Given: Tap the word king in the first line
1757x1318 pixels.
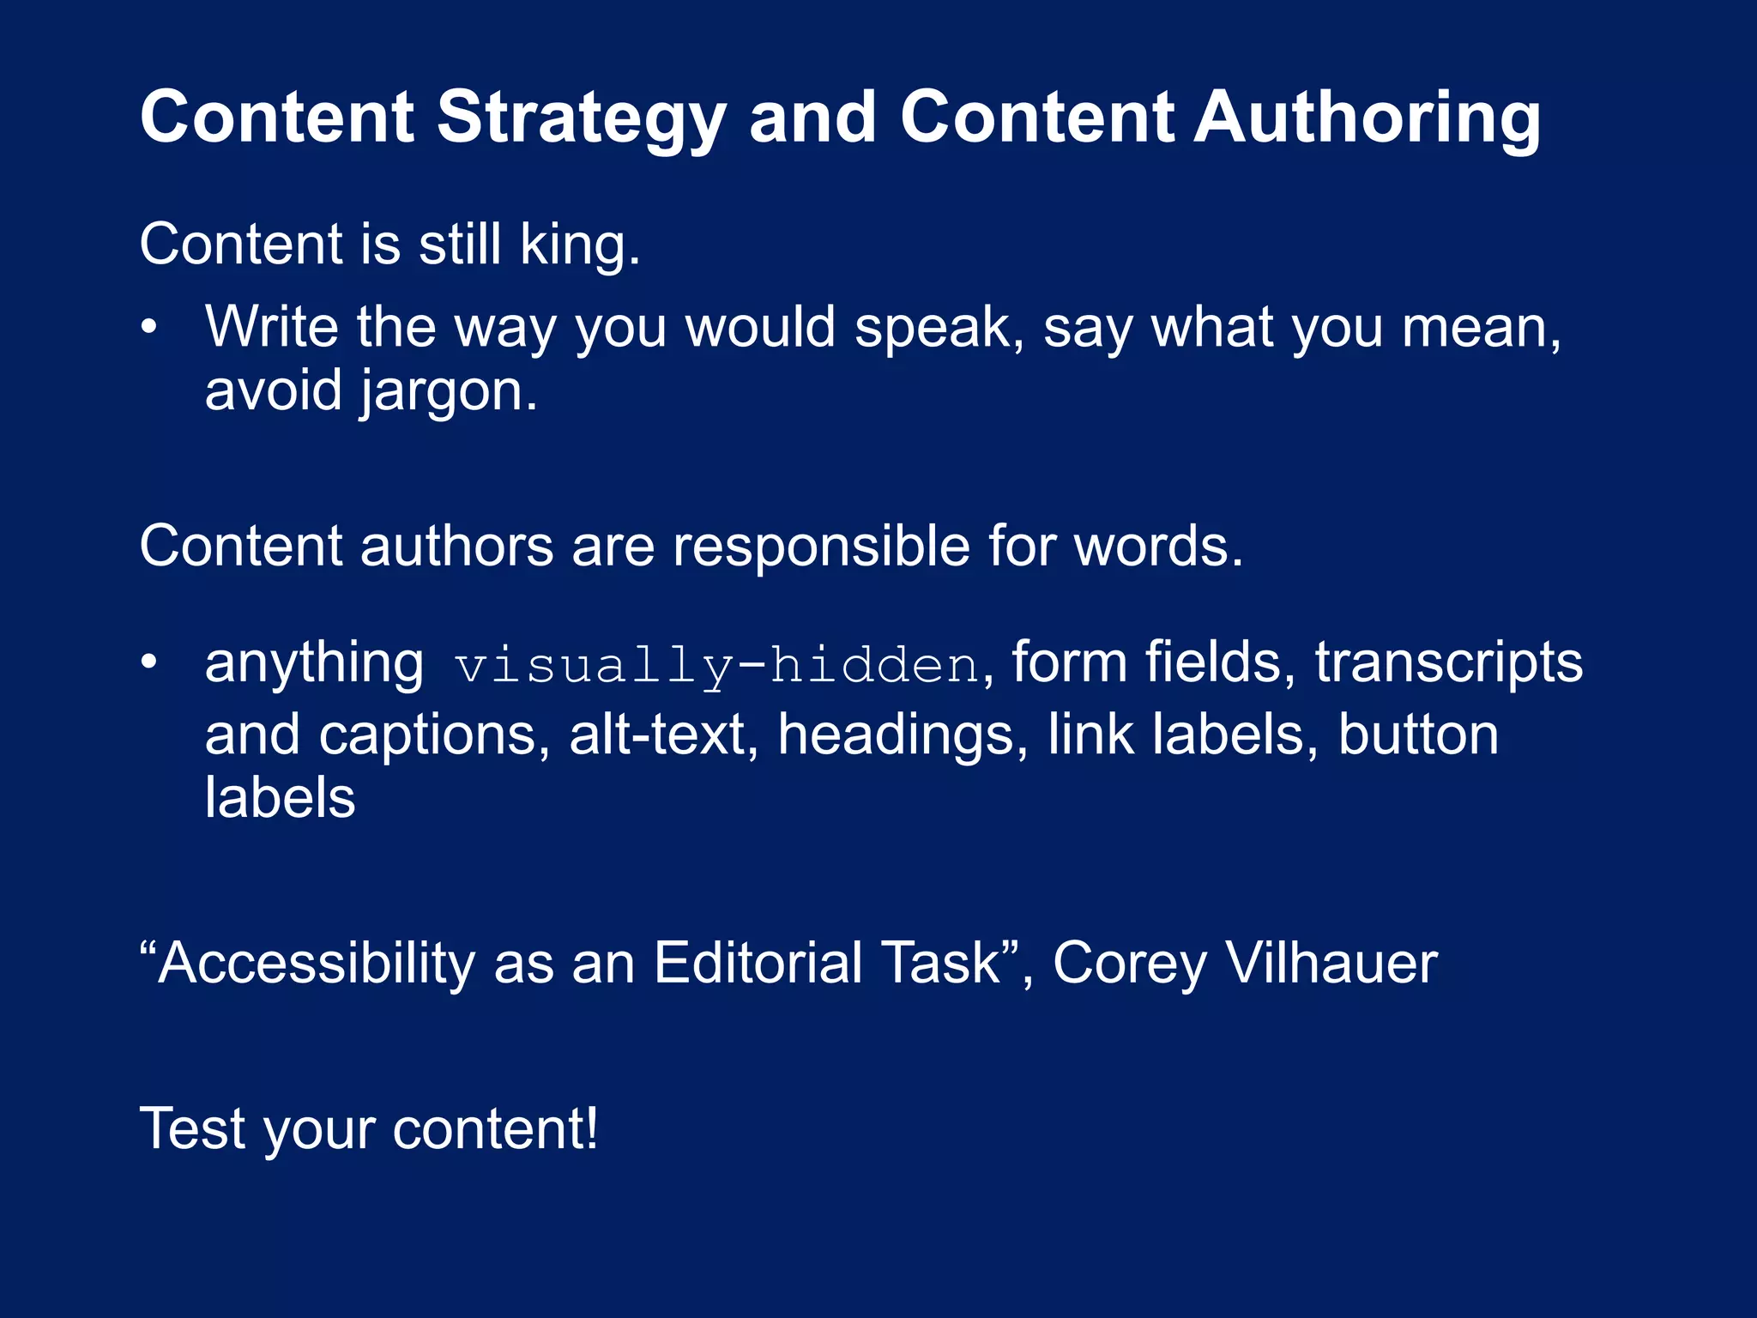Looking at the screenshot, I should coord(580,245).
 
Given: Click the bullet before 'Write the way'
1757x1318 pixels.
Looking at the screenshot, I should coord(149,328).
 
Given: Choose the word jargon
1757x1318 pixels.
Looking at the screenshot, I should coord(448,392).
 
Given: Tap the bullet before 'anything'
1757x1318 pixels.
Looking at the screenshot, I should coord(149,662).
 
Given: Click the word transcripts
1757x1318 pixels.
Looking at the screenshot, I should coord(1449,662).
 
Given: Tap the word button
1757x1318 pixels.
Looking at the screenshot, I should coord(1418,736).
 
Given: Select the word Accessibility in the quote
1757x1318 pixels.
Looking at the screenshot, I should coord(316,964).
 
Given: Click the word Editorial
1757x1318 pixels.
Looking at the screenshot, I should coord(758,964).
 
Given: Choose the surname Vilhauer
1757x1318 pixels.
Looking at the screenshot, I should coord(1331,964).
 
